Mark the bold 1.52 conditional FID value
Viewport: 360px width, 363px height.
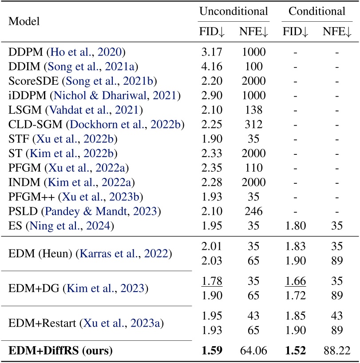pos(297,351)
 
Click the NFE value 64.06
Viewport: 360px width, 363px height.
pos(254,351)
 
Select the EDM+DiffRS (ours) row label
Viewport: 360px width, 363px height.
pos(60,351)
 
